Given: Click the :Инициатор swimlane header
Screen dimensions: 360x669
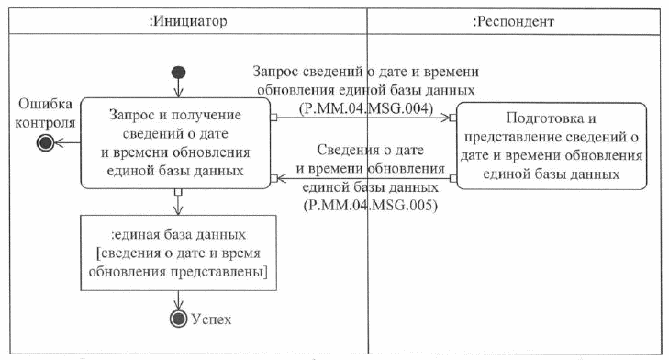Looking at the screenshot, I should (187, 18).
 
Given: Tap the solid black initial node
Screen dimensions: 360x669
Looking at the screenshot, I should (178, 73).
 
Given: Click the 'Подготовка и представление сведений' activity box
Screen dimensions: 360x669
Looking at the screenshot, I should (551, 145).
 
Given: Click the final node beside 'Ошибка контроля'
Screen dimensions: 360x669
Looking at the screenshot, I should (43, 142).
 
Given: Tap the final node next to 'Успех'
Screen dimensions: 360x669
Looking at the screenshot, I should (177, 319).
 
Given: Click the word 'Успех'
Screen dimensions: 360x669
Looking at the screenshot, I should (212, 319).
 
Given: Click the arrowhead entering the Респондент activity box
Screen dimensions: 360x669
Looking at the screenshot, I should (448, 118).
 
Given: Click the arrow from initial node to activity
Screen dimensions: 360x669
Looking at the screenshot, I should (178, 89).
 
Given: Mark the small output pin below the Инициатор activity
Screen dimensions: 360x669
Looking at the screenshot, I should (177, 192).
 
